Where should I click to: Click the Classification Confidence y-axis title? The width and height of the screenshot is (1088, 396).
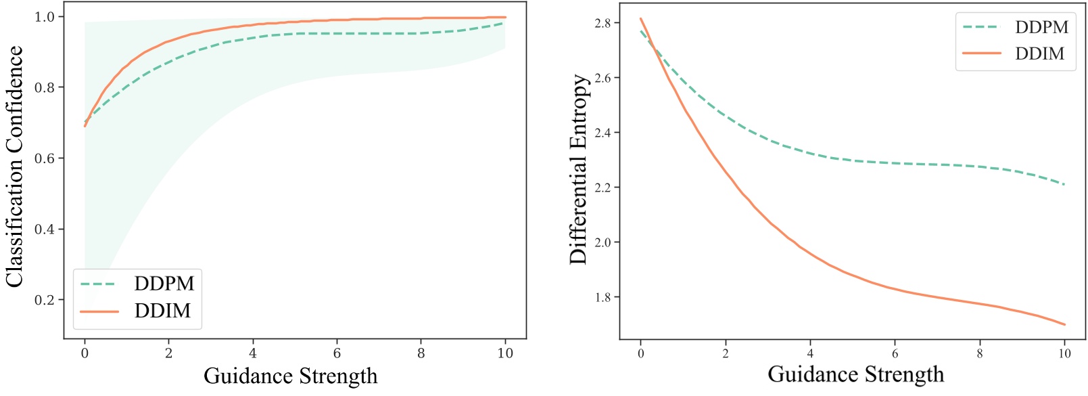pyautogui.click(x=15, y=167)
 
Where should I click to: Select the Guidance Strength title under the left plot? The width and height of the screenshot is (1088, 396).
pyautogui.click(x=291, y=376)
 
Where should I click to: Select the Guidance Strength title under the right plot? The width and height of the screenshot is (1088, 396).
pyautogui.click(x=855, y=374)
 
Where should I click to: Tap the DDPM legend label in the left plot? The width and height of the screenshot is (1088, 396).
pyautogui.click(x=164, y=283)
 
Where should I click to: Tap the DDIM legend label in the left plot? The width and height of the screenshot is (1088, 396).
pyautogui.click(x=163, y=311)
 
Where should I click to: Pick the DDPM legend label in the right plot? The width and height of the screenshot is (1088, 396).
pyautogui.click(x=1041, y=27)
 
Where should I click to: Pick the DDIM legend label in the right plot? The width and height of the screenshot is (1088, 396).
pyautogui.click(x=1040, y=53)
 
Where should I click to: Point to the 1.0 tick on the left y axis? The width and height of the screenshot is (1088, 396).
pyautogui.click(x=45, y=17)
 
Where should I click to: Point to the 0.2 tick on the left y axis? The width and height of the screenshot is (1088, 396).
pyautogui.click(x=45, y=300)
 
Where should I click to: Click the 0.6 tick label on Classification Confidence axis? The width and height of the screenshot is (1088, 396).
pyautogui.click(x=45, y=158)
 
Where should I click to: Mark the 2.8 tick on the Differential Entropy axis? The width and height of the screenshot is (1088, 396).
pyautogui.click(x=602, y=23)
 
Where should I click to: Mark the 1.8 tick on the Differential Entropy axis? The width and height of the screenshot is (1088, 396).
pyautogui.click(x=602, y=297)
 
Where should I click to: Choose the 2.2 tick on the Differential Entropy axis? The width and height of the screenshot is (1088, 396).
pyautogui.click(x=602, y=188)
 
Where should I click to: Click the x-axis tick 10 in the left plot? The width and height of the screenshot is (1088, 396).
pyautogui.click(x=505, y=353)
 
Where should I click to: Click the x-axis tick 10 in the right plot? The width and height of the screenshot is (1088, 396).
pyautogui.click(x=1064, y=353)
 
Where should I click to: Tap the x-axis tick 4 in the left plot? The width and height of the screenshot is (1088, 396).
pyautogui.click(x=253, y=353)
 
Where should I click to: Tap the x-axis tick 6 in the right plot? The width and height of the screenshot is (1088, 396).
pyautogui.click(x=895, y=353)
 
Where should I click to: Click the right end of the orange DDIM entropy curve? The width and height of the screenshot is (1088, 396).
pyautogui.click(x=1064, y=324)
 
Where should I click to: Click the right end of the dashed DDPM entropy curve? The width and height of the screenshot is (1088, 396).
pyautogui.click(x=1064, y=184)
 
